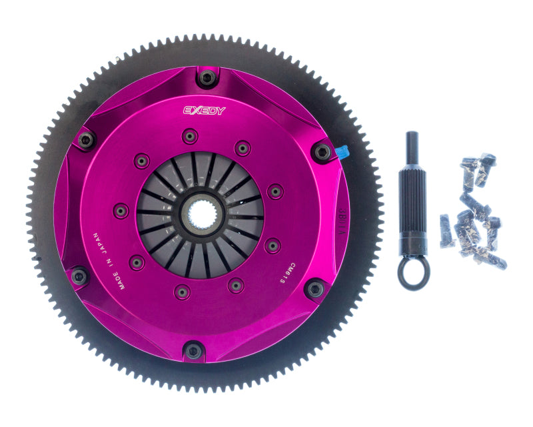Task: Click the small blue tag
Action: click(x=342, y=153)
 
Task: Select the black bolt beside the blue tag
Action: click(x=322, y=153)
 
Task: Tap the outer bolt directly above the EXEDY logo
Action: click(x=207, y=79)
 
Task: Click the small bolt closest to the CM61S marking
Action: click(x=271, y=246)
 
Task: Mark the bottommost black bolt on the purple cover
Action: click(x=194, y=349)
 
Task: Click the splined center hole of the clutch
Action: click(x=200, y=213)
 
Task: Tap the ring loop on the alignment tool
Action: click(x=413, y=272)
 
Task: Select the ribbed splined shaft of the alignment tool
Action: click(x=412, y=200)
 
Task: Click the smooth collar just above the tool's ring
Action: click(x=412, y=246)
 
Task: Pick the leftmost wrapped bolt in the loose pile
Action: click(x=445, y=230)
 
